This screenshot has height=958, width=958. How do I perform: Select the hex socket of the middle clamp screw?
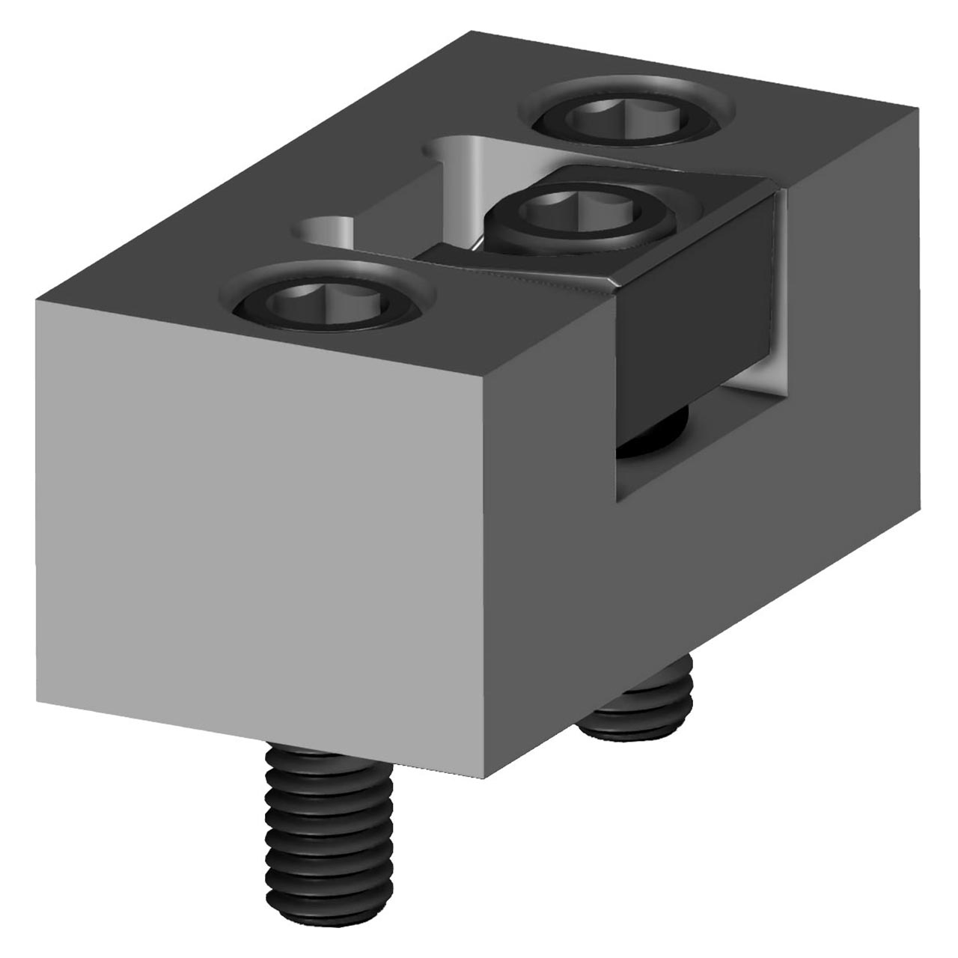pyautogui.click(x=576, y=211)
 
